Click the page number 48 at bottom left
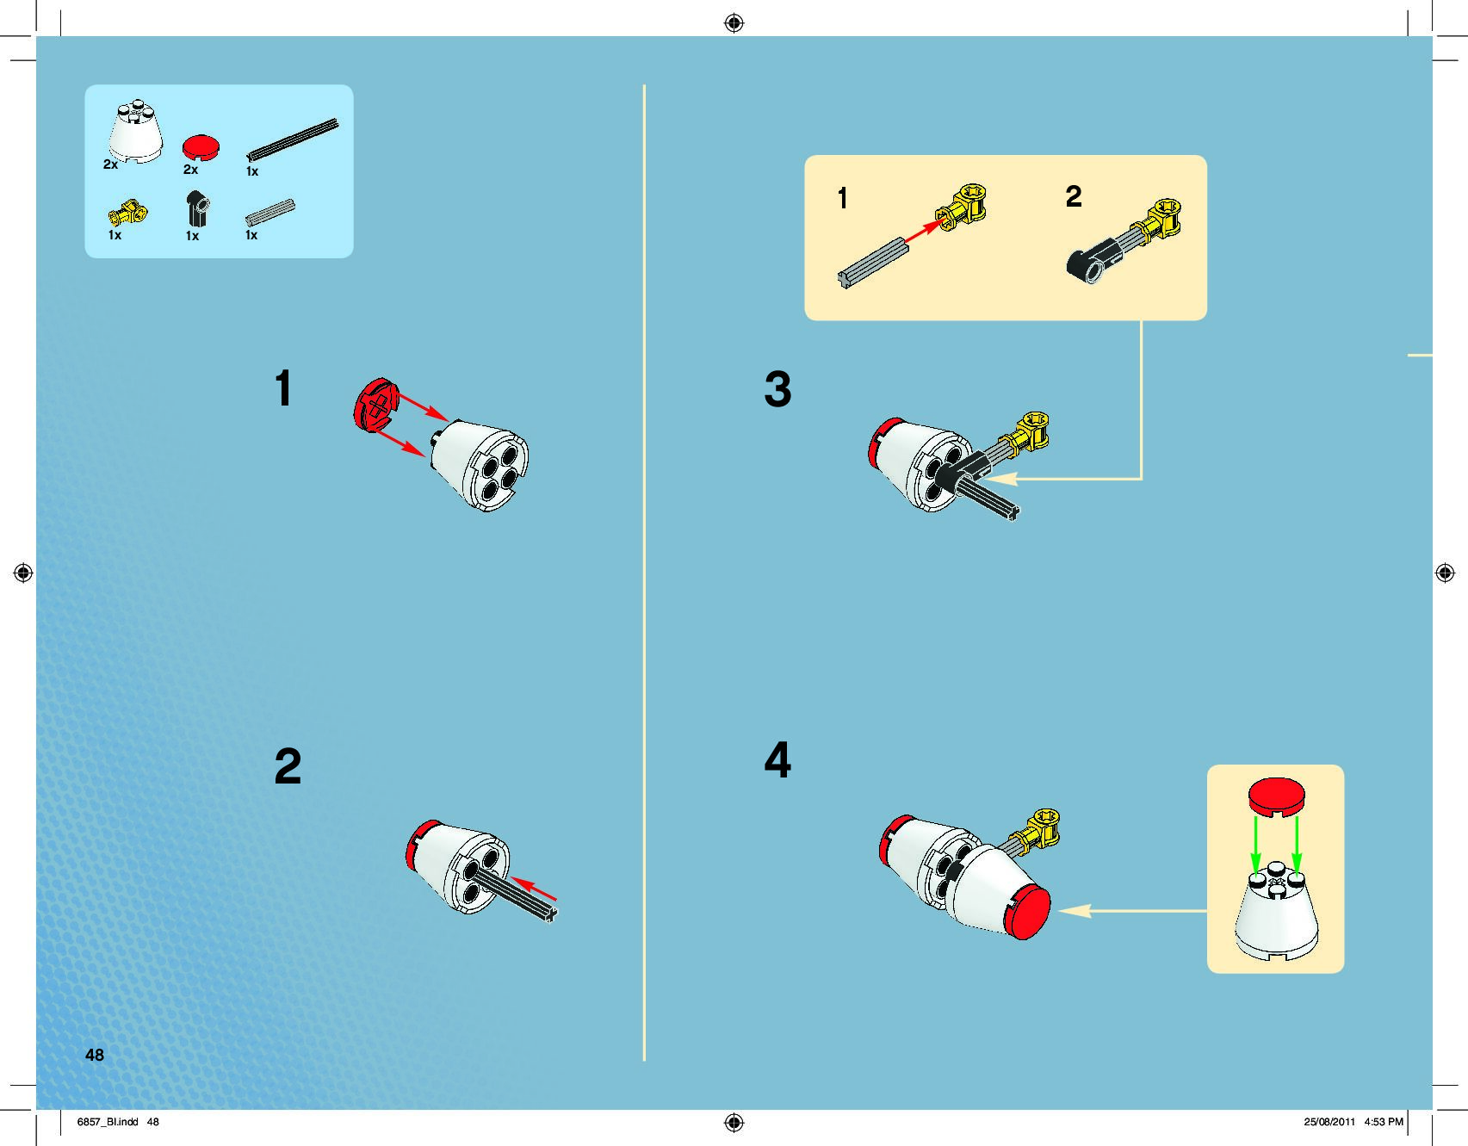click(x=94, y=1055)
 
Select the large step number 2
click(x=288, y=766)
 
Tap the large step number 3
click(x=777, y=389)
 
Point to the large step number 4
click(x=777, y=760)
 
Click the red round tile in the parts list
click(x=201, y=147)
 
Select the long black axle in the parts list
click(x=293, y=139)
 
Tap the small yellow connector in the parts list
click(x=127, y=212)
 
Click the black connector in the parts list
click(x=197, y=209)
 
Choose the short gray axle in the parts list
click(x=269, y=213)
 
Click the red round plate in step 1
click(x=376, y=404)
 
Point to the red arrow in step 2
click(x=534, y=890)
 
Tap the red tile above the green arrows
click(x=1276, y=796)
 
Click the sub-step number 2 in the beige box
click(x=1074, y=196)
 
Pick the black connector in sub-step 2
click(x=1092, y=261)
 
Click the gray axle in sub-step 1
click(x=872, y=263)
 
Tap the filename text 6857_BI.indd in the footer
click(x=108, y=1122)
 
